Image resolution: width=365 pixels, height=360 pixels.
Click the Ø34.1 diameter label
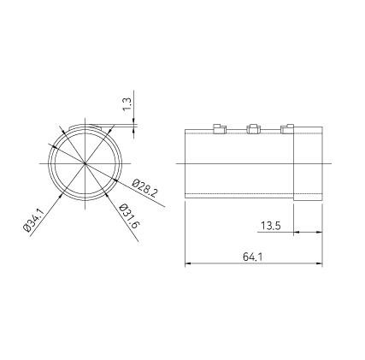tap(33, 221)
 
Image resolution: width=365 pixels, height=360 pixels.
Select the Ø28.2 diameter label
tap(144, 188)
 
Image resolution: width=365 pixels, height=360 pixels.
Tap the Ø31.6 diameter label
tap(130, 216)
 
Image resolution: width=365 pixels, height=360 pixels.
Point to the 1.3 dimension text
tap(127, 104)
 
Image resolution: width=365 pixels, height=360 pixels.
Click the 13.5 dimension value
tap(271, 226)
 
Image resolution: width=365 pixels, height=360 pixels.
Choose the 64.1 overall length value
tap(252, 257)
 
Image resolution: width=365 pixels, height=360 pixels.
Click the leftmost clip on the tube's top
tap(220, 128)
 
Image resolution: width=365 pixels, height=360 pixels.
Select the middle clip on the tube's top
tap(253, 128)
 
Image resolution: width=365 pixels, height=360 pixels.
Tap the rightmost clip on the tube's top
tap(287, 128)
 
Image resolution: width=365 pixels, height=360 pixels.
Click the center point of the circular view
tap(85, 163)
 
